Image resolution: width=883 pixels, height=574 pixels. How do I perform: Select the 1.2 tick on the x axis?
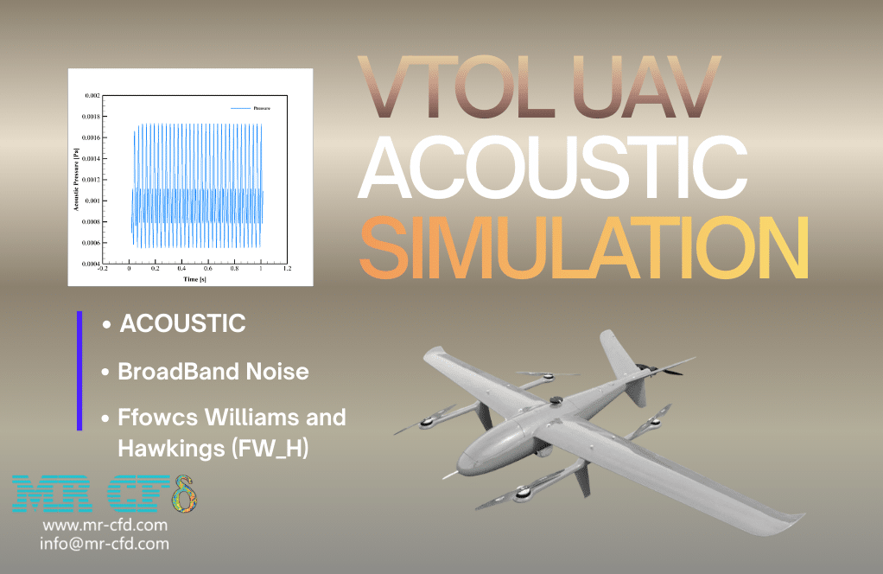[287, 270]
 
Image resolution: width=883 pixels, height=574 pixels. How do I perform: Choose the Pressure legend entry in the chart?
[260, 107]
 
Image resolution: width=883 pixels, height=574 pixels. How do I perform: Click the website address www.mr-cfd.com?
[105, 525]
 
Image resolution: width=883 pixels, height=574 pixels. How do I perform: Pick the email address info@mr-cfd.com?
[105, 544]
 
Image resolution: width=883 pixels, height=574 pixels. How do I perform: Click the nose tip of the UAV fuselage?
[463, 471]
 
